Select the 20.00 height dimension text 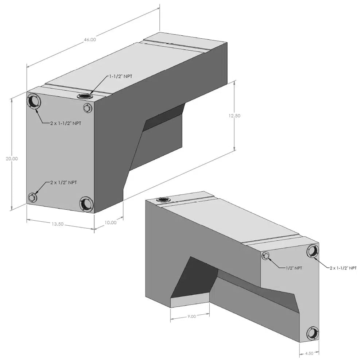[x=11, y=159]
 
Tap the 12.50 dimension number [x=234, y=116]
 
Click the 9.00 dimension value [x=191, y=317]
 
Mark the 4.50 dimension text [x=310, y=353]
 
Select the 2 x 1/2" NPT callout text [x=64, y=182]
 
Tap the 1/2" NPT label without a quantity [x=294, y=268]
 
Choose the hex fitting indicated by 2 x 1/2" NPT [x=32, y=198]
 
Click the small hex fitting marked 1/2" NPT [x=266, y=256]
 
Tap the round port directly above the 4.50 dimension [x=313, y=333]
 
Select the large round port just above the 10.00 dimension [x=86, y=203]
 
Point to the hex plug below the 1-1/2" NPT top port [x=87, y=108]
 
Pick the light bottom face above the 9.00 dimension [x=190, y=301]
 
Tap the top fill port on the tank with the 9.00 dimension [x=162, y=199]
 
